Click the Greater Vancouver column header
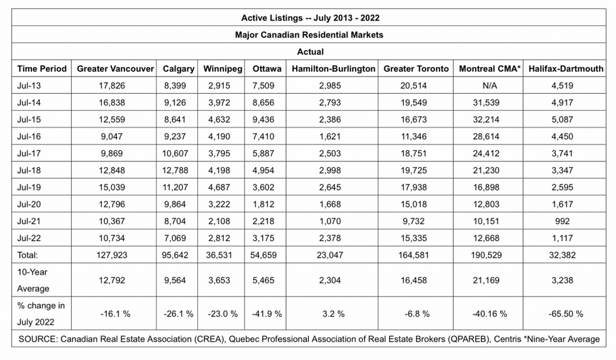pyautogui.click(x=115, y=68)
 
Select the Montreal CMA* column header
pyautogui.click(x=490, y=68)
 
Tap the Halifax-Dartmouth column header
pyautogui.click(x=566, y=68)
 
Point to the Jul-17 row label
pyautogui.click(x=29, y=153)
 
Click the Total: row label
pyautogui.click(x=27, y=255)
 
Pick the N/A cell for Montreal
pyautogui.click(x=490, y=85)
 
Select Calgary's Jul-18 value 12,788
pyautogui.click(x=175, y=170)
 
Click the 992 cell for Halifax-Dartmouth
pyautogui.click(x=562, y=221)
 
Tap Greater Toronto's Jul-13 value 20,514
pyautogui.click(x=414, y=85)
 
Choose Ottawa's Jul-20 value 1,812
pyautogui.click(x=263, y=204)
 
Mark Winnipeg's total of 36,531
pyautogui.click(x=219, y=255)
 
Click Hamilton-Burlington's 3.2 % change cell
pyautogui.click(x=333, y=314)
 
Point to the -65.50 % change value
pyautogui.click(x=566, y=314)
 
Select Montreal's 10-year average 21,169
pyautogui.click(x=486, y=280)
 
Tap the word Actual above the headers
pyautogui.click(x=311, y=52)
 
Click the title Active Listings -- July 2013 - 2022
pyautogui.click(x=311, y=18)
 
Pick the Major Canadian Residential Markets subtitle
pyautogui.click(x=309, y=35)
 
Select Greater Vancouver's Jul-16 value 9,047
pyautogui.click(x=112, y=136)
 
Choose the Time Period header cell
pyautogui.click(x=41, y=68)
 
